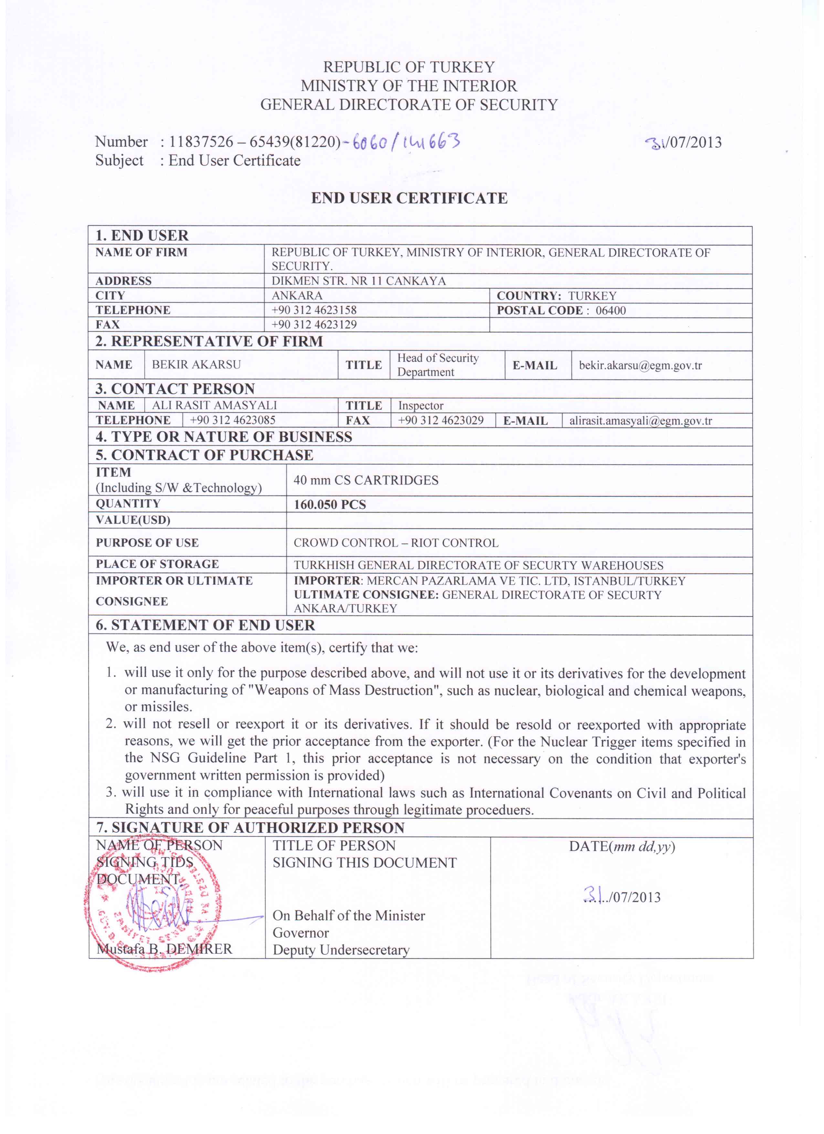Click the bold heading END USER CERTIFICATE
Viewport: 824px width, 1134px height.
click(x=409, y=198)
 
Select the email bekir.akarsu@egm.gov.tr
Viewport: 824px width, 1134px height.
click(x=640, y=365)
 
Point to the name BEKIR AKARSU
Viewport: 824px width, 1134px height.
click(x=196, y=364)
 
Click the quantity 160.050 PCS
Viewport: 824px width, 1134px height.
click(x=330, y=505)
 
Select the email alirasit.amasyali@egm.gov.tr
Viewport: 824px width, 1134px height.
click(x=640, y=421)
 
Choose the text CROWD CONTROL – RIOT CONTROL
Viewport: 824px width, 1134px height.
click(x=396, y=543)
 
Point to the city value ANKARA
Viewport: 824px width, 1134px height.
click(x=297, y=296)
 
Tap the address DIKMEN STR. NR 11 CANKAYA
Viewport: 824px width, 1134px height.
click(x=358, y=281)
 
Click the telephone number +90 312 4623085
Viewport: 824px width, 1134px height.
click(x=233, y=420)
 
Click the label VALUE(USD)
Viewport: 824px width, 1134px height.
click(x=133, y=520)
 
